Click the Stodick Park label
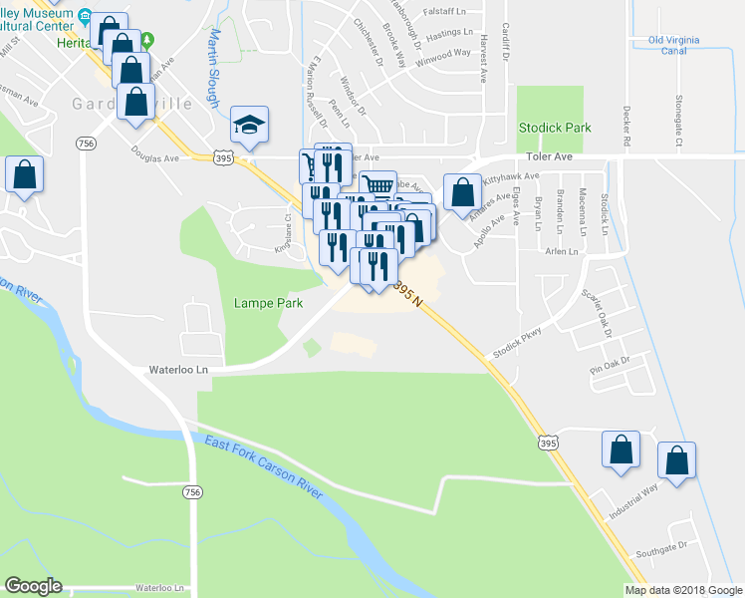pyautogui.click(x=555, y=128)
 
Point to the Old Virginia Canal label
pyautogui.click(x=668, y=45)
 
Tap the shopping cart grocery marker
pyautogui.click(x=376, y=183)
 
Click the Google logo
pyautogui.click(x=33, y=586)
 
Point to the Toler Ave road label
pyautogui.click(x=539, y=156)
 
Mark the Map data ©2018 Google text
pyautogui.click(x=682, y=590)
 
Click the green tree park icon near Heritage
pyautogui.click(x=146, y=40)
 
